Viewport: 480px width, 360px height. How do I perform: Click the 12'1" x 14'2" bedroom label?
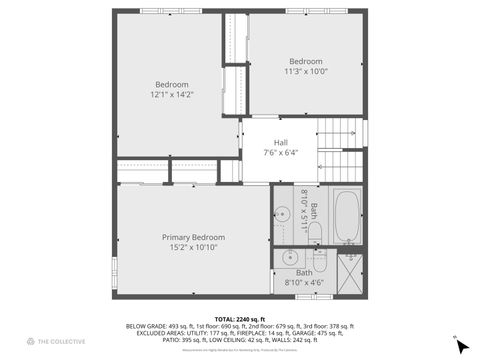tap(171, 89)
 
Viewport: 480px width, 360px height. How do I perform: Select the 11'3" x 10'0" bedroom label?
tap(306, 65)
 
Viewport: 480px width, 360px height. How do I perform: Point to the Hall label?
tap(282, 142)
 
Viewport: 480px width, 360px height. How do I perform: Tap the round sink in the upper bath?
tap(283, 212)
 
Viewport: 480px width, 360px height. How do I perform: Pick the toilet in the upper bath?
tap(315, 232)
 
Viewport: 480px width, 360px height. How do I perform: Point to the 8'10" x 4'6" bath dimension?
tap(303, 283)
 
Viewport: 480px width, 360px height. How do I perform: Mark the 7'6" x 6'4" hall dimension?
tap(281, 152)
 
